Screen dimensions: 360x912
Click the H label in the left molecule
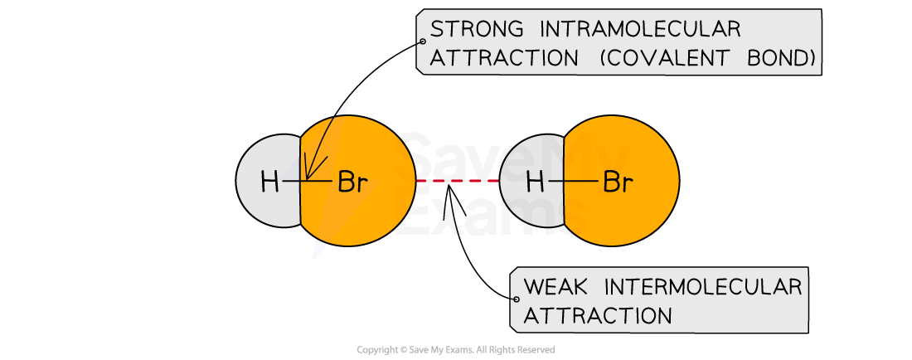(x=269, y=182)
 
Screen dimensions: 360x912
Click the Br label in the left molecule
(x=352, y=182)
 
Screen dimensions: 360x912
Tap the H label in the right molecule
(x=536, y=182)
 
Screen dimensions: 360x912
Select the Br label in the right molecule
(x=617, y=182)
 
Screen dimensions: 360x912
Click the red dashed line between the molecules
(x=457, y=180)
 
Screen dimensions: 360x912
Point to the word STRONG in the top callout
(x=477, y=30)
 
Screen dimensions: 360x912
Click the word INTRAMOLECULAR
(x=639, y=30)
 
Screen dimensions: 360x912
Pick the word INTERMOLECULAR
(x=703, y=288)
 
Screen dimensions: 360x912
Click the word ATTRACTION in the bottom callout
(x=598, y=316)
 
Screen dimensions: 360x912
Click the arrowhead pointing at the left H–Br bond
(x=308, y=175)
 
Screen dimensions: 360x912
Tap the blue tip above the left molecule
(x=343, y=106)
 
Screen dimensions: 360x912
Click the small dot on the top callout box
(x=423, y=41)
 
